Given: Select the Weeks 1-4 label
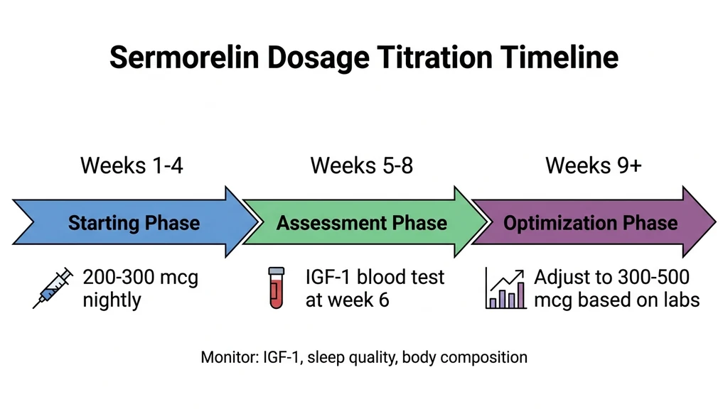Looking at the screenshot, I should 133,165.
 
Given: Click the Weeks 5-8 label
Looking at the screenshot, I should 361,165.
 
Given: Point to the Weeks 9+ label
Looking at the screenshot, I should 593,165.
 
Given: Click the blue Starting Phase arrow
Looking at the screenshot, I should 134,222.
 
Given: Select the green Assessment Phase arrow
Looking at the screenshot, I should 362,222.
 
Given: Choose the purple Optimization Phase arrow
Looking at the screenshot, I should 591,222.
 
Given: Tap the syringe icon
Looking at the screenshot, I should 53,288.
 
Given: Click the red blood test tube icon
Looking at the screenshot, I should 276,287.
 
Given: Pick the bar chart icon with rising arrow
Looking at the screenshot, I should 505,288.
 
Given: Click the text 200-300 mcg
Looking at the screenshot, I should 140,276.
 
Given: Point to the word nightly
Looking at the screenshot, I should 112,299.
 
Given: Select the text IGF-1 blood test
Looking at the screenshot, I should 375,276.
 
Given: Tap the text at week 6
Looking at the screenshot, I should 347,299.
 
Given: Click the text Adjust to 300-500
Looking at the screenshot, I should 611,276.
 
